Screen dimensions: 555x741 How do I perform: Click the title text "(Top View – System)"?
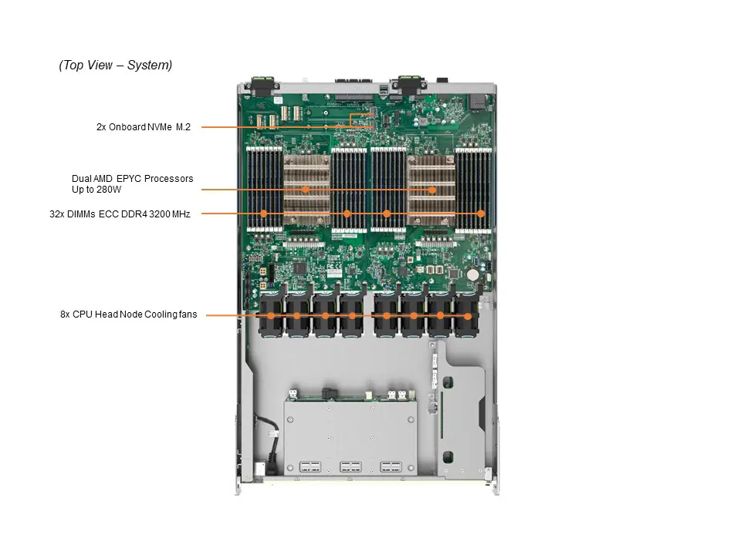(x=116, y=66)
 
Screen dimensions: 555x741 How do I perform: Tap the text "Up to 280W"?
(x=96, y=189)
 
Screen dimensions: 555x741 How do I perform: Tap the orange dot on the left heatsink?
(x=306, y=190)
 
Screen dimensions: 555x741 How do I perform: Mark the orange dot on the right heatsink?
(x=432, y=190)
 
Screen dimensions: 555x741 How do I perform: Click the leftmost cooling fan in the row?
(x=270, y=314)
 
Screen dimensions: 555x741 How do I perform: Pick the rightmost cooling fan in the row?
(x=466, y=314)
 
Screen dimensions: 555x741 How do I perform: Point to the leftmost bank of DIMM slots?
(x=264, y=189)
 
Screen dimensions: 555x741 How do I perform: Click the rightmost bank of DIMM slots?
(x=474, y=189)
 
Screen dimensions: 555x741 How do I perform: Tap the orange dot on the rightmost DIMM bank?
(x=481, y=214)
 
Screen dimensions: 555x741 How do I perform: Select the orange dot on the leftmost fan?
(x=271, y=316)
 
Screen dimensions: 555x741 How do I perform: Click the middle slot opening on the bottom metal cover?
(x=350, y=467)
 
